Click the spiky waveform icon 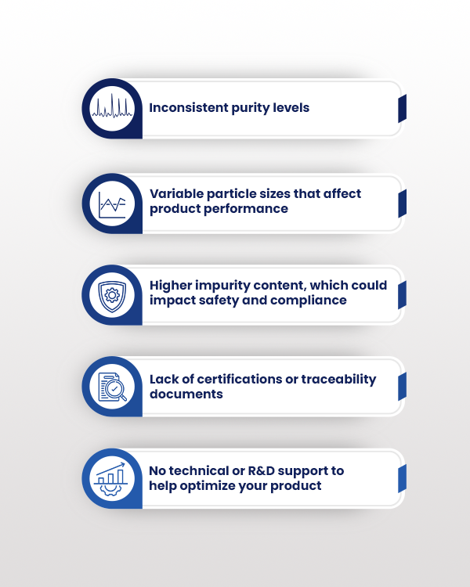[112, 106]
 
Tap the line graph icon [112, 205]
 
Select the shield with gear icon [112, 296]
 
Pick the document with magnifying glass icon [113, 387]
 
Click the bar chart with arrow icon [111, 479]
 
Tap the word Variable [176, 193]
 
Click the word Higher [171, 286]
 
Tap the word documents [186, 394]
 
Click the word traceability [338, 380]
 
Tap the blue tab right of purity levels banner [402, 109]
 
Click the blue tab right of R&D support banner [402, 479]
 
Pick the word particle [230, 194]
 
